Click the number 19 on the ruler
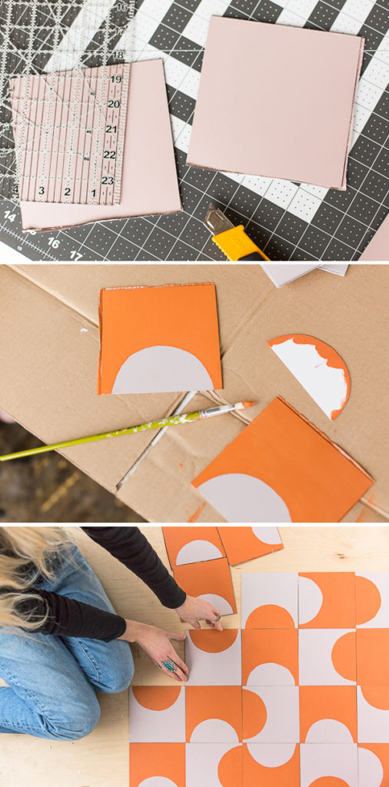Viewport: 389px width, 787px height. [x=115, y=79]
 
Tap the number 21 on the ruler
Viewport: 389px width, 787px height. [x=111, y=129]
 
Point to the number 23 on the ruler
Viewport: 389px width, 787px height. [x=108, y=181]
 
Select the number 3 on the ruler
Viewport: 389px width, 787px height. [x=42, y=190]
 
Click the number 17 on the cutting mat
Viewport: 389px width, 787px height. [x=75, y=255]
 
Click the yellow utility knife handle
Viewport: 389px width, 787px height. [x=240, y=244]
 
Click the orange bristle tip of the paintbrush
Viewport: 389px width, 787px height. [x=247, y=403]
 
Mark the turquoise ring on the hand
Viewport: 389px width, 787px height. [x=168, y=666]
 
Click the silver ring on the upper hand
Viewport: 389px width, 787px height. [x=217, y=616]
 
